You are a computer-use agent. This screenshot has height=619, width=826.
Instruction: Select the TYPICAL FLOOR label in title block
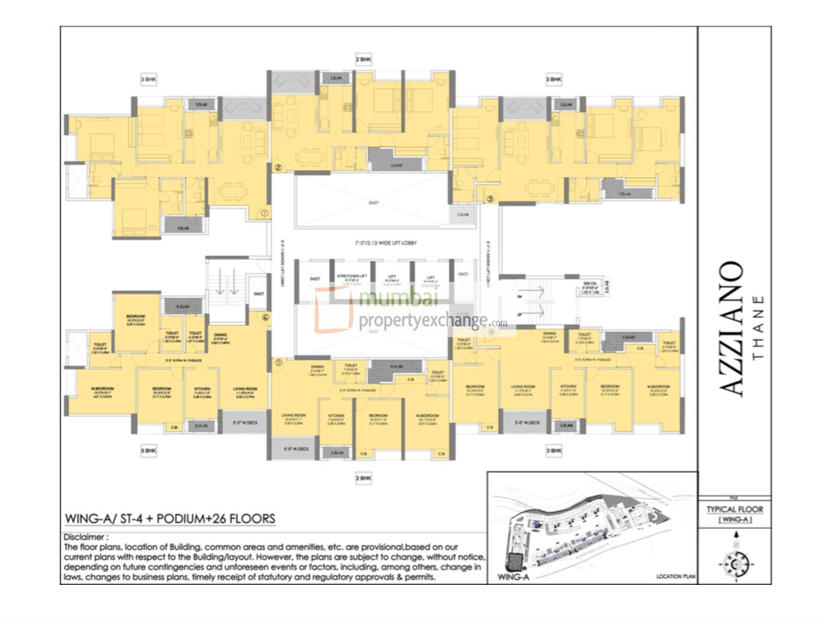734,509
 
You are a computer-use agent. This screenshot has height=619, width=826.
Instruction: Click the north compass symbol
734,561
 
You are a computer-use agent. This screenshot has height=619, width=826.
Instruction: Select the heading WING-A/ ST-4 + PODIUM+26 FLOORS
170,519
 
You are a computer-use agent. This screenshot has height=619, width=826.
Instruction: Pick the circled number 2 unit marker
278,168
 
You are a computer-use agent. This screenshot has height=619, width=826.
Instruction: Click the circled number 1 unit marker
263,214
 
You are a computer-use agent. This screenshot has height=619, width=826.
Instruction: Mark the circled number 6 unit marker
265,318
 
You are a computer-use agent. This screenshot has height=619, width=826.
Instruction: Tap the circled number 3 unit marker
490,199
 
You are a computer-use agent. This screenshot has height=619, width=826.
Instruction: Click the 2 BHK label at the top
364,59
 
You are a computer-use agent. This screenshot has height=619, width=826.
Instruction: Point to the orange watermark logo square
334,311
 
